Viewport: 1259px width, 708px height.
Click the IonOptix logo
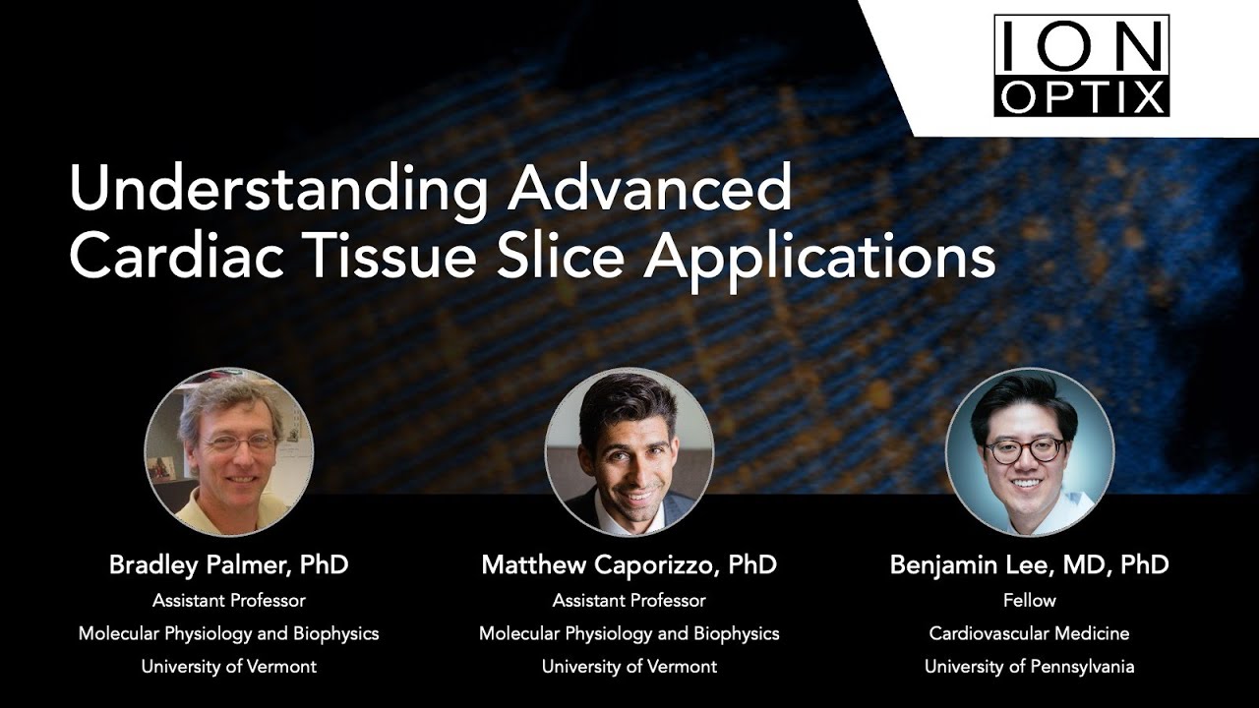tap(1081, 65)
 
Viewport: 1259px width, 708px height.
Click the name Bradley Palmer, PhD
tap(228, 565)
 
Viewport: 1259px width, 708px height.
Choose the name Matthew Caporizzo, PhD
tap(629, 565)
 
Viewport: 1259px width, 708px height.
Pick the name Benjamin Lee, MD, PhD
tap(1030, 565)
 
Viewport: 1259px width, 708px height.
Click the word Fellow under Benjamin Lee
tap(1030, 600)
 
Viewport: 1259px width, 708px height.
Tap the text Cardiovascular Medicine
tap(1030, 633)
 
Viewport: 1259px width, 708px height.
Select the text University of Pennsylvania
tap(1030, 667)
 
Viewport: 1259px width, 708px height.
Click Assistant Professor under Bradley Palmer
tap(228, 600)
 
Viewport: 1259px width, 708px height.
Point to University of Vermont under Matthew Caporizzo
tap(629, 667)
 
